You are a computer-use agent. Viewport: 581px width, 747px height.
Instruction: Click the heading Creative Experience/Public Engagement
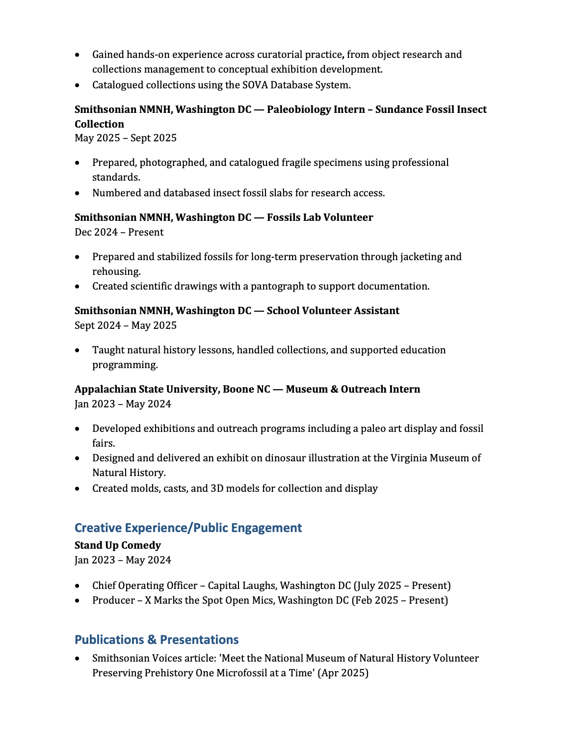point(188,528)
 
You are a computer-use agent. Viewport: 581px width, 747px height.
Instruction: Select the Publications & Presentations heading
point(157,640)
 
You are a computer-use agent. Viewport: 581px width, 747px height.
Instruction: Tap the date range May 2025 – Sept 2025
point(126,138)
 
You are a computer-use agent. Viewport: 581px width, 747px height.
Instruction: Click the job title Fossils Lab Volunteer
point(320,217)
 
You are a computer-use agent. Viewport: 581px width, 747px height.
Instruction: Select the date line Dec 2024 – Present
point(119,232)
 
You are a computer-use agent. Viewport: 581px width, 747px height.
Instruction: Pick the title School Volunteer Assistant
point(333,311)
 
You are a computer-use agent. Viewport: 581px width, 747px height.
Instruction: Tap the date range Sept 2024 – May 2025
point(126,325)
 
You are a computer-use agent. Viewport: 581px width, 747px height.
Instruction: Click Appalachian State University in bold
point(146,389)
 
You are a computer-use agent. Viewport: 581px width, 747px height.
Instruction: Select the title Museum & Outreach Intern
point(353,389)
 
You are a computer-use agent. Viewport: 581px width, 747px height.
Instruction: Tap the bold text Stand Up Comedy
point(118,545)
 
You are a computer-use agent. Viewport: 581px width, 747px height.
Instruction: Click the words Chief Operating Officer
point(145,586)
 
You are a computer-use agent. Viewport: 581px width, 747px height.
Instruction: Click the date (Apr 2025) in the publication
point(343,673)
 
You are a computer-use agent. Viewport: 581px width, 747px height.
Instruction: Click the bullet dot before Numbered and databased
point(78,193)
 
